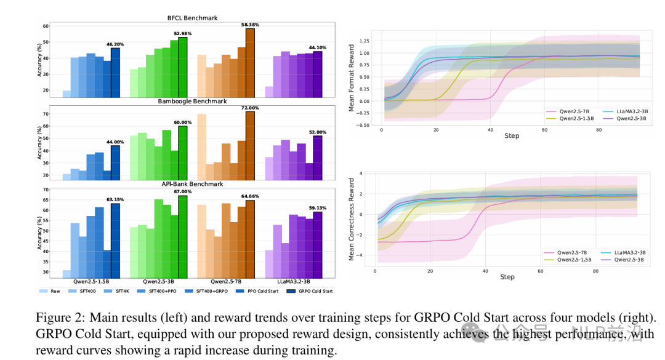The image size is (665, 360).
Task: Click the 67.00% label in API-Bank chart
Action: [x=183, y=191]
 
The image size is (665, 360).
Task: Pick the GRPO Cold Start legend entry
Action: [x=315, y=290]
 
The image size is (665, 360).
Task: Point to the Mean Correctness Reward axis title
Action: [x=352, y=219]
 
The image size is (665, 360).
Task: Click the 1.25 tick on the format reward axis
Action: [x=366, y=41]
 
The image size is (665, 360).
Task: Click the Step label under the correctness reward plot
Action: [x=507, y=277]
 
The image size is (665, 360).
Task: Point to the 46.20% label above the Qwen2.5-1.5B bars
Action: [x=115, y=44]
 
